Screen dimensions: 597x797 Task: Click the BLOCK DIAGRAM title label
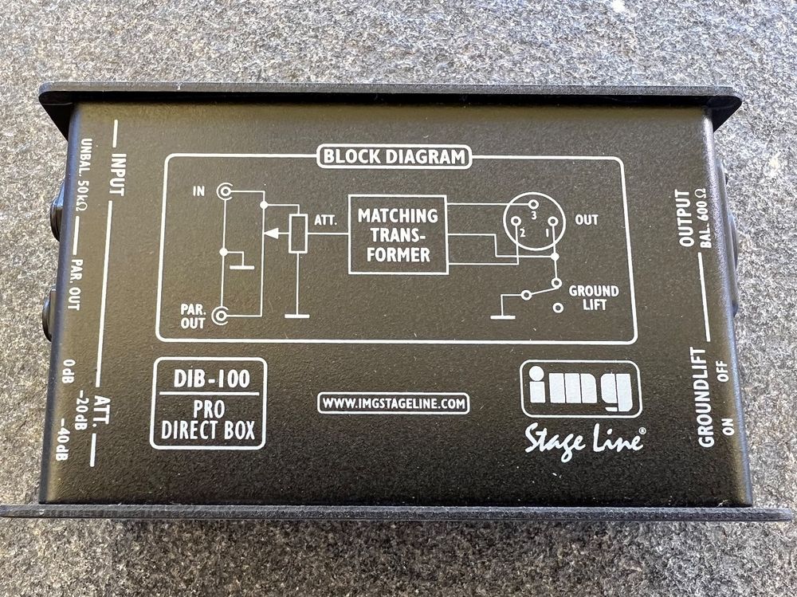tap(395, 157)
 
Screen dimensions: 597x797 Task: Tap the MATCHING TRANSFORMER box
tap(398, 234)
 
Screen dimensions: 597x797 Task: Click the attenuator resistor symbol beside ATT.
tap(298, 234)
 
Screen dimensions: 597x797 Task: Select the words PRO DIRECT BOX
tap(207, 422)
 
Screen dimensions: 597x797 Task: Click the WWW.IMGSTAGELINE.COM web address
tap(393, 404)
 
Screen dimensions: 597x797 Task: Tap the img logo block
tap(580, 388)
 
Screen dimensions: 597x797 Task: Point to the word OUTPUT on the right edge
tap(684, 218)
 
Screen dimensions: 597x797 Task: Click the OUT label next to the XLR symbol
tap(587, 220)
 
